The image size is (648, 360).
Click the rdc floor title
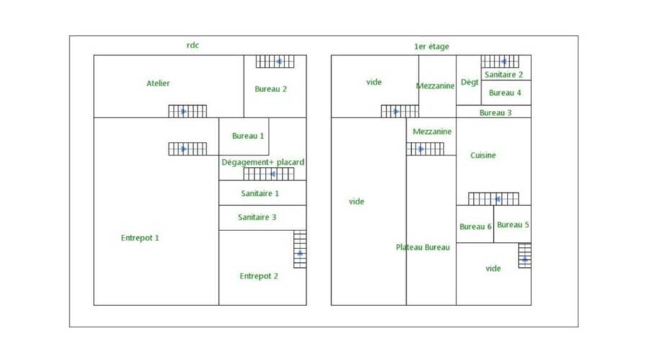[192, 45]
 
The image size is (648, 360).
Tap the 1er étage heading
[431, 47]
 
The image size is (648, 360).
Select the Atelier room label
[158, 84]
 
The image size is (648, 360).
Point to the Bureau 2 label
[271, 89]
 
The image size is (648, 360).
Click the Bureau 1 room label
[248, 135]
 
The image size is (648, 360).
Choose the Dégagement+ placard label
[263, 163]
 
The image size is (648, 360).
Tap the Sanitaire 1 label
[260, 193]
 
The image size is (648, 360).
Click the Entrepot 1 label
[140, 238]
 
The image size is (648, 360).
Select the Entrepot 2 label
[258, 276]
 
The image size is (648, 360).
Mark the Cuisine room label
[483, 156]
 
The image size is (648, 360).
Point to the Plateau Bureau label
[423, 248]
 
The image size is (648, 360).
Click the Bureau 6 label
[475, 227]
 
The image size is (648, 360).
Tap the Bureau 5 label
[513, 225]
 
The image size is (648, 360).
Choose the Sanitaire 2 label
[503, 75]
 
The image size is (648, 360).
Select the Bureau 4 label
[505, 93]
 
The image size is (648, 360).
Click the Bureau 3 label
[495, 113]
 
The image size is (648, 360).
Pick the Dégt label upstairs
[469, 82]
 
